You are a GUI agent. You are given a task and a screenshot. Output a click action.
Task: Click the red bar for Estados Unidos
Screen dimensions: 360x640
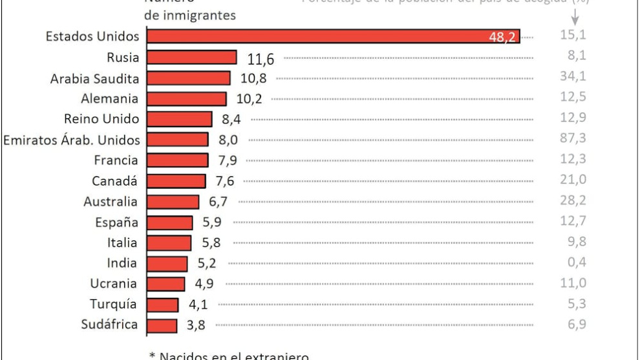pyautogui.click(x=333, y=37)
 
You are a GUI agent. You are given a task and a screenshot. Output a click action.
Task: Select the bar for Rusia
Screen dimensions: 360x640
pyautogui.click(x=192, y=58)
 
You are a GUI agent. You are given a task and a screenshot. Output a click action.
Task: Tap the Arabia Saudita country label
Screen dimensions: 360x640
pyautogui.click(x=96, y=78)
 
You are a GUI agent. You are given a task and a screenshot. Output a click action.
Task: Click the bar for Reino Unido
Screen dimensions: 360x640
pyautogui.click(x=180, y=120)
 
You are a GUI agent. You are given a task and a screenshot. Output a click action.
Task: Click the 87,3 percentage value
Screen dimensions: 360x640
pyautogui.click(x=572, y=140)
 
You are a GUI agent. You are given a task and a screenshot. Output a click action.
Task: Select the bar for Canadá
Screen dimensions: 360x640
pyautogui.click(x=176, y=181)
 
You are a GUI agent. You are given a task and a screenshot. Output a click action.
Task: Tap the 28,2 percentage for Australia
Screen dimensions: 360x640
pyautogui.click(x=572, y=201)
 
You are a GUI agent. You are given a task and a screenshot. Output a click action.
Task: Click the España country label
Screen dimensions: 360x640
pyautogui.click(x=117, y=222)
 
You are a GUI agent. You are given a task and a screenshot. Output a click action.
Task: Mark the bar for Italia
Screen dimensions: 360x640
pyautogui.click(x=169, y=243)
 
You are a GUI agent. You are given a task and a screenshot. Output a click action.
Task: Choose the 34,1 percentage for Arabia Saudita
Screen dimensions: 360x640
pyautogui.click(x=572, y=78)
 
